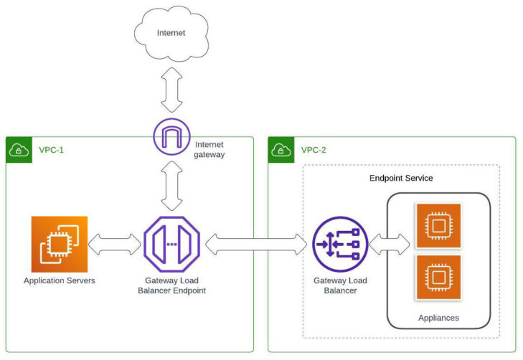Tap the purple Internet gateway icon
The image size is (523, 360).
click(x=171, y=135)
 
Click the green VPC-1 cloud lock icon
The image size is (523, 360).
click(x=18, y=150)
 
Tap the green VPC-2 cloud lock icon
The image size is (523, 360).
click(x=281, y=150)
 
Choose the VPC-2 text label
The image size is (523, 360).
click(x=314, y=151)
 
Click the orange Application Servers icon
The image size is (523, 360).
click(x=59, y=245)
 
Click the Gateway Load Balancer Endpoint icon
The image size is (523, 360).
click(x=171, y=245)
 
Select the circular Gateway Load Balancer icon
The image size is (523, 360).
click(x=340, y=245)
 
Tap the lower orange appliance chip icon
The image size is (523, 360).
click(x=438, y=276)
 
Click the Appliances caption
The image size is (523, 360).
click(x=438, y=317)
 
